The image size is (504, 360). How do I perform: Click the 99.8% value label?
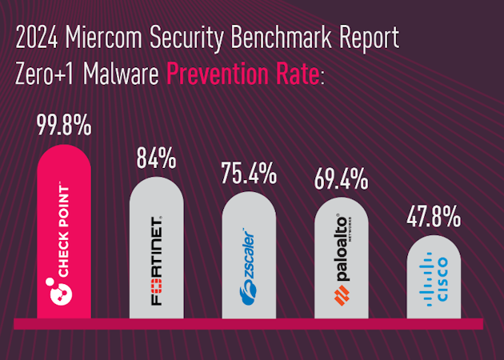[64, 127]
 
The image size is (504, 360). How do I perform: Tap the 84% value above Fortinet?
[156, 158]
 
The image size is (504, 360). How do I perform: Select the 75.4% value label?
[249, 174]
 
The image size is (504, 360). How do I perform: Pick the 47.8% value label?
[435, 217]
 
